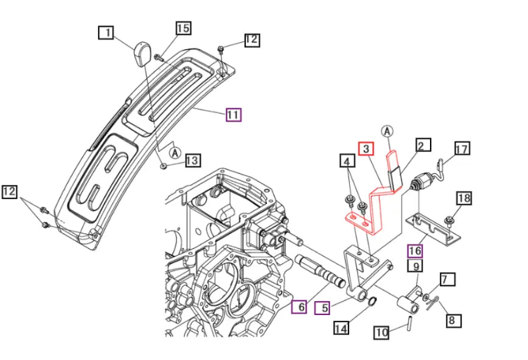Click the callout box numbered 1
point(107,33)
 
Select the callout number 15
point(183,27)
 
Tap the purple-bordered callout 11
point(234,114)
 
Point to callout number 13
point(192,161)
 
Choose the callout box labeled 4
point(346,162)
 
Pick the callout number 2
point(423,145)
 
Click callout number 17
point(462,148)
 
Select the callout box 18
point(464,198)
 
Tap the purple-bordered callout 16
point(415,251)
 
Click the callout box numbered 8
point(454,319)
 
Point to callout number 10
point(381,333)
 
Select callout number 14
point(341,328)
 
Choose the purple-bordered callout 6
point(299,307)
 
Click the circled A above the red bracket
point(387,131)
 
